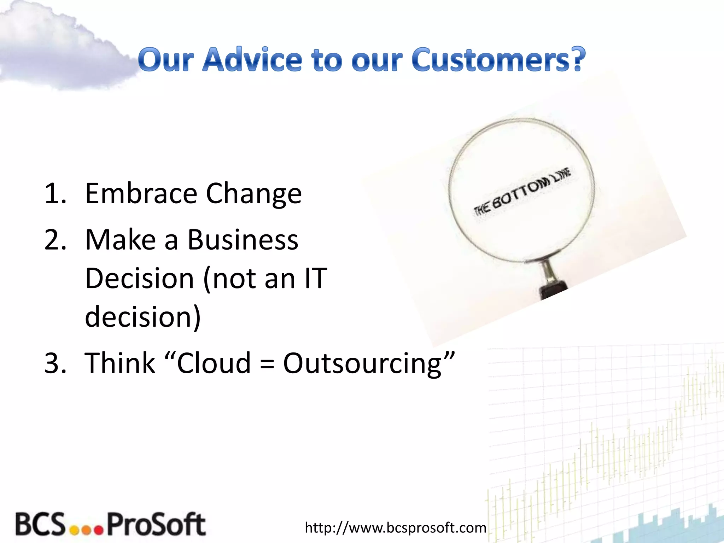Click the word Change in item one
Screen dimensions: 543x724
(x=253, y=194)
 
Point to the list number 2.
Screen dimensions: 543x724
(x=55, y=240)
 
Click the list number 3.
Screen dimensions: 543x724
(x=55, y=363)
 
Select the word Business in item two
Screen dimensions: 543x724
(x=243, y=240)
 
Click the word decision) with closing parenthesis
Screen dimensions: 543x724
(x=143, y=317)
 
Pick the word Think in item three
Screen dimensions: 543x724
(x=120, y=363)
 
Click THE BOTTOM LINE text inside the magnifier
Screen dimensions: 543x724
(x=522, y=192)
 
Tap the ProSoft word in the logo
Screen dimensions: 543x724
(x=156, y=524)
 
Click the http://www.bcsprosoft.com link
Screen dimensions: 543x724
(x=395, y=528)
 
